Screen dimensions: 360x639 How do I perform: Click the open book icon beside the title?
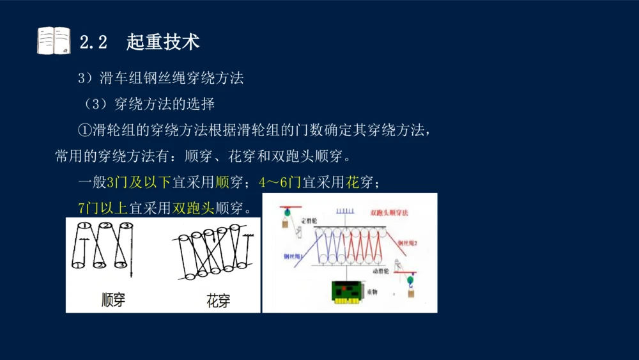pos(54,41)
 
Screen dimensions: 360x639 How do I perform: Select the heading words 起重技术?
pos(163,42)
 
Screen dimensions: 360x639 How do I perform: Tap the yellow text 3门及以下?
pos(139,183)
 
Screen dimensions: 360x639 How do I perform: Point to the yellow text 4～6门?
pos(280,183)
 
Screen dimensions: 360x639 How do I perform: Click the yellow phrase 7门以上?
pos(103,208)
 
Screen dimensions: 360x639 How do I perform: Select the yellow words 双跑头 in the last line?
pos(194,208)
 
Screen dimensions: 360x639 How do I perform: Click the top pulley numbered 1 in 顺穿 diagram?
pos(83,226)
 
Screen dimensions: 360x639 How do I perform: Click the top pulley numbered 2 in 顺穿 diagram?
pos(106,226)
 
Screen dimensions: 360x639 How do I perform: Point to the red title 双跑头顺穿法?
pos(390,212)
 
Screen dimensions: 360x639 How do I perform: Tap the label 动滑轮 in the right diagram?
pos(381,270)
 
